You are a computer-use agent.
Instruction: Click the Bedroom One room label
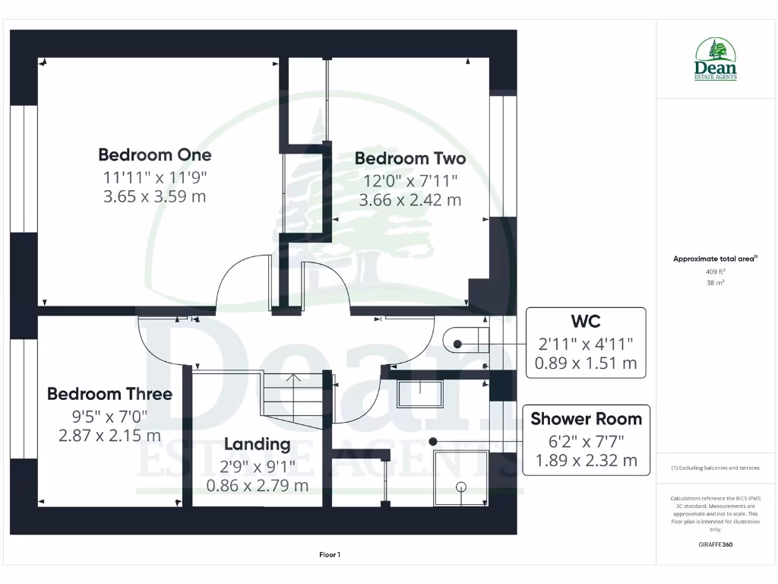(x=155, y=155)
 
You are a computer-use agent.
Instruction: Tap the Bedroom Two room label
(x=410, y=159)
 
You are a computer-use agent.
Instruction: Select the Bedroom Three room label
(x=109, y=394)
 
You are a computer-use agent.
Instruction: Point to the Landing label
(x=257, y=444)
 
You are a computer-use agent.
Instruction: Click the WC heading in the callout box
(x=586, y=321)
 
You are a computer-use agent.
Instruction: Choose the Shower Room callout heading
(x=586, y=419)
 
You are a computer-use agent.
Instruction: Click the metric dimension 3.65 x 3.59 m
(x=155, y=196)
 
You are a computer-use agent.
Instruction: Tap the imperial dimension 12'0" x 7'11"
(x=410, y=181)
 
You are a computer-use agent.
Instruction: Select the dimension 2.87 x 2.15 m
(x=109, y=436)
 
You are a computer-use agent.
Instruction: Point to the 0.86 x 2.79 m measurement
(x=257, y=484)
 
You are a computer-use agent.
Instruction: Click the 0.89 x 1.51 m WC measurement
(x=586, y=363)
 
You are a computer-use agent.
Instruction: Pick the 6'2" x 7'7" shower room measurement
(x=586, y=440)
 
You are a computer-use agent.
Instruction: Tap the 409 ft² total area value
(x=716, y=271)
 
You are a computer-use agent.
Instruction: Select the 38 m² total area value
(x=716, y=283)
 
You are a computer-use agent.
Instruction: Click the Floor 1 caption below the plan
(x=329, y=555)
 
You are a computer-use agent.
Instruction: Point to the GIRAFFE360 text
(x=715, y=544)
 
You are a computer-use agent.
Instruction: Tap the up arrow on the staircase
(x=294, y=378)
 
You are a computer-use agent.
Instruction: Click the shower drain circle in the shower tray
(x=460, y=486)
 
